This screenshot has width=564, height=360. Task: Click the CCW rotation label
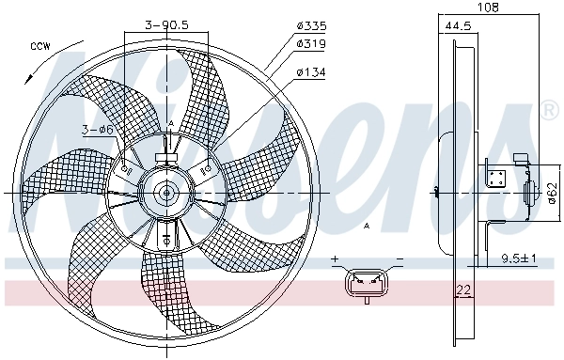[x=39, y=46]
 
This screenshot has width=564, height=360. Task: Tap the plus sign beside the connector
[x=335, y=258]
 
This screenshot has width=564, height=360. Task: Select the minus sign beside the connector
[x=399, y=258]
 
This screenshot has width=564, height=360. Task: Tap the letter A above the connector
[x=367, y=227]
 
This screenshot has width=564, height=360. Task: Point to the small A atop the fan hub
[x=170, y=124]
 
